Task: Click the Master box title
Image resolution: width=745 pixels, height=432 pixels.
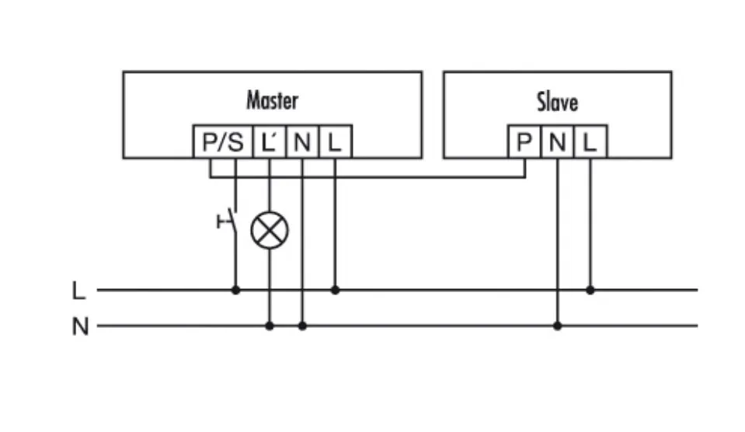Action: coord(272,100)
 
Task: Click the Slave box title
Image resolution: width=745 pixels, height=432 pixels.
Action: coord(556,102)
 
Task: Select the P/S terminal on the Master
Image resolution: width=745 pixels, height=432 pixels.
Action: coord(222,142)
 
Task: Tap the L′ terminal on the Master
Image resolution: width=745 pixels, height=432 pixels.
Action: coord(270,142)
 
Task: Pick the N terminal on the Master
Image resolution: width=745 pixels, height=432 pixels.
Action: coord(302,142)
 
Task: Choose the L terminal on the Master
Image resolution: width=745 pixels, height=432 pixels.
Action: coord(335,142)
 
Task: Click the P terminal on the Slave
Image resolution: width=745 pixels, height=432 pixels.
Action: coord(524,142)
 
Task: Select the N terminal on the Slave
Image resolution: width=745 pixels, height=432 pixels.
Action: coord(557,142)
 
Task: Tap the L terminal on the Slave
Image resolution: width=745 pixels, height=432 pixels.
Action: coord(590,142)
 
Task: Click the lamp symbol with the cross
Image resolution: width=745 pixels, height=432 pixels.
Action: coord(270,230)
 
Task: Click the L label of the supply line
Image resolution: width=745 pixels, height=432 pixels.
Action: coord(78,291)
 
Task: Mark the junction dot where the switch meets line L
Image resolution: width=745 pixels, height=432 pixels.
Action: coord(235,290)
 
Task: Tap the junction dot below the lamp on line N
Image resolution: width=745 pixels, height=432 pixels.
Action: coord(270,326)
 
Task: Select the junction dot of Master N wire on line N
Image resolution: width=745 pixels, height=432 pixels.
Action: coord(302,326)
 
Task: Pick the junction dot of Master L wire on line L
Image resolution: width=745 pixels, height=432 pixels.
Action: coord(335,290)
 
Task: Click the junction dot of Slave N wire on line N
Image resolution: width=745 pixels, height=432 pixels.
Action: coord(557,326)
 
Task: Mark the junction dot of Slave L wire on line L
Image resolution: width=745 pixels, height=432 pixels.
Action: coord(590,290)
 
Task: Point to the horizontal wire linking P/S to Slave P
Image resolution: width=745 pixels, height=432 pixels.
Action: coord(388,177)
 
